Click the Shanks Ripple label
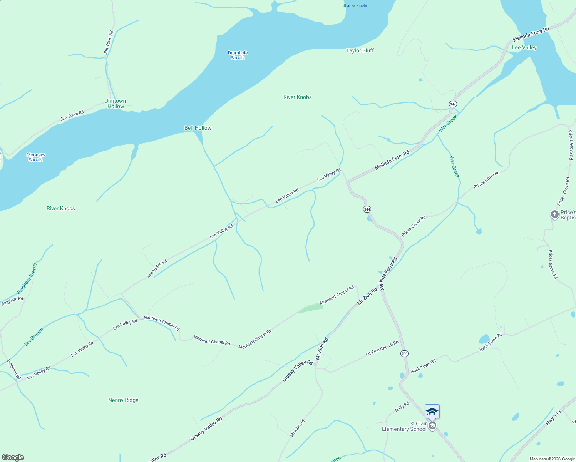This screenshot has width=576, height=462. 355,5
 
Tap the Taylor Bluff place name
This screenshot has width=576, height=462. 360,50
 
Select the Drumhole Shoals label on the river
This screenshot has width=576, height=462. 238,55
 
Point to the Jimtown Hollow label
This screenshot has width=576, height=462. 116,104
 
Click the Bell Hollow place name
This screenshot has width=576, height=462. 198,128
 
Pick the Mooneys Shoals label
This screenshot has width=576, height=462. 36,157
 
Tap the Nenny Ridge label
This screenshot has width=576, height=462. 123,400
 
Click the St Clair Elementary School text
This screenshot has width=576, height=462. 404,426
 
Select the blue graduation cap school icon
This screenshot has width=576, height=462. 432,411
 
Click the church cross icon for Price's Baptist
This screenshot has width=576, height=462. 554,214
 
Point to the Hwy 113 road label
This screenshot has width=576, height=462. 553,418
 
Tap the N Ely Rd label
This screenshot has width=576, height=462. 402,407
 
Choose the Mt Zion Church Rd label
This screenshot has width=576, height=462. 382,348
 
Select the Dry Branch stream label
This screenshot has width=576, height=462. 34,336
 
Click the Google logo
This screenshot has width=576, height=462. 13,457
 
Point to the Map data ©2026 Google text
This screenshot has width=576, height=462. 552,459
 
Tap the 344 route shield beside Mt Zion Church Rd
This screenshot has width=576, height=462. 404,353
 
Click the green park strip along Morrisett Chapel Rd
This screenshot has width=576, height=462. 310,308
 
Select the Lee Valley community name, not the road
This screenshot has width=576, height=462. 524,47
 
